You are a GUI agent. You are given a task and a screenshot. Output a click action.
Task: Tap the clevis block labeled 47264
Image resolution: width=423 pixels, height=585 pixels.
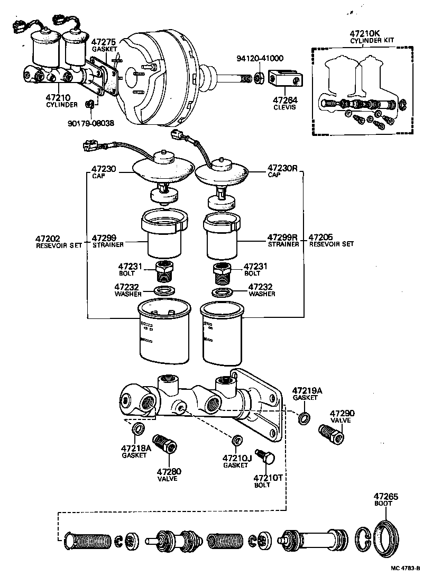(284, 79)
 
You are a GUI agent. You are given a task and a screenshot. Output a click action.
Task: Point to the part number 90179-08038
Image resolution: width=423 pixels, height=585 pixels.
(91, 124)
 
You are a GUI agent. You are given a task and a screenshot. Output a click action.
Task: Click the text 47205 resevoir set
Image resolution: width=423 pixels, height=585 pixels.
(331, 241)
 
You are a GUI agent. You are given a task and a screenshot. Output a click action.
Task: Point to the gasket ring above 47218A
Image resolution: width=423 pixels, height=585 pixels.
(138, 428)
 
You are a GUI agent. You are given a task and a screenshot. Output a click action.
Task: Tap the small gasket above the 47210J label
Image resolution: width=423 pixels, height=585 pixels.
(237, 440)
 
